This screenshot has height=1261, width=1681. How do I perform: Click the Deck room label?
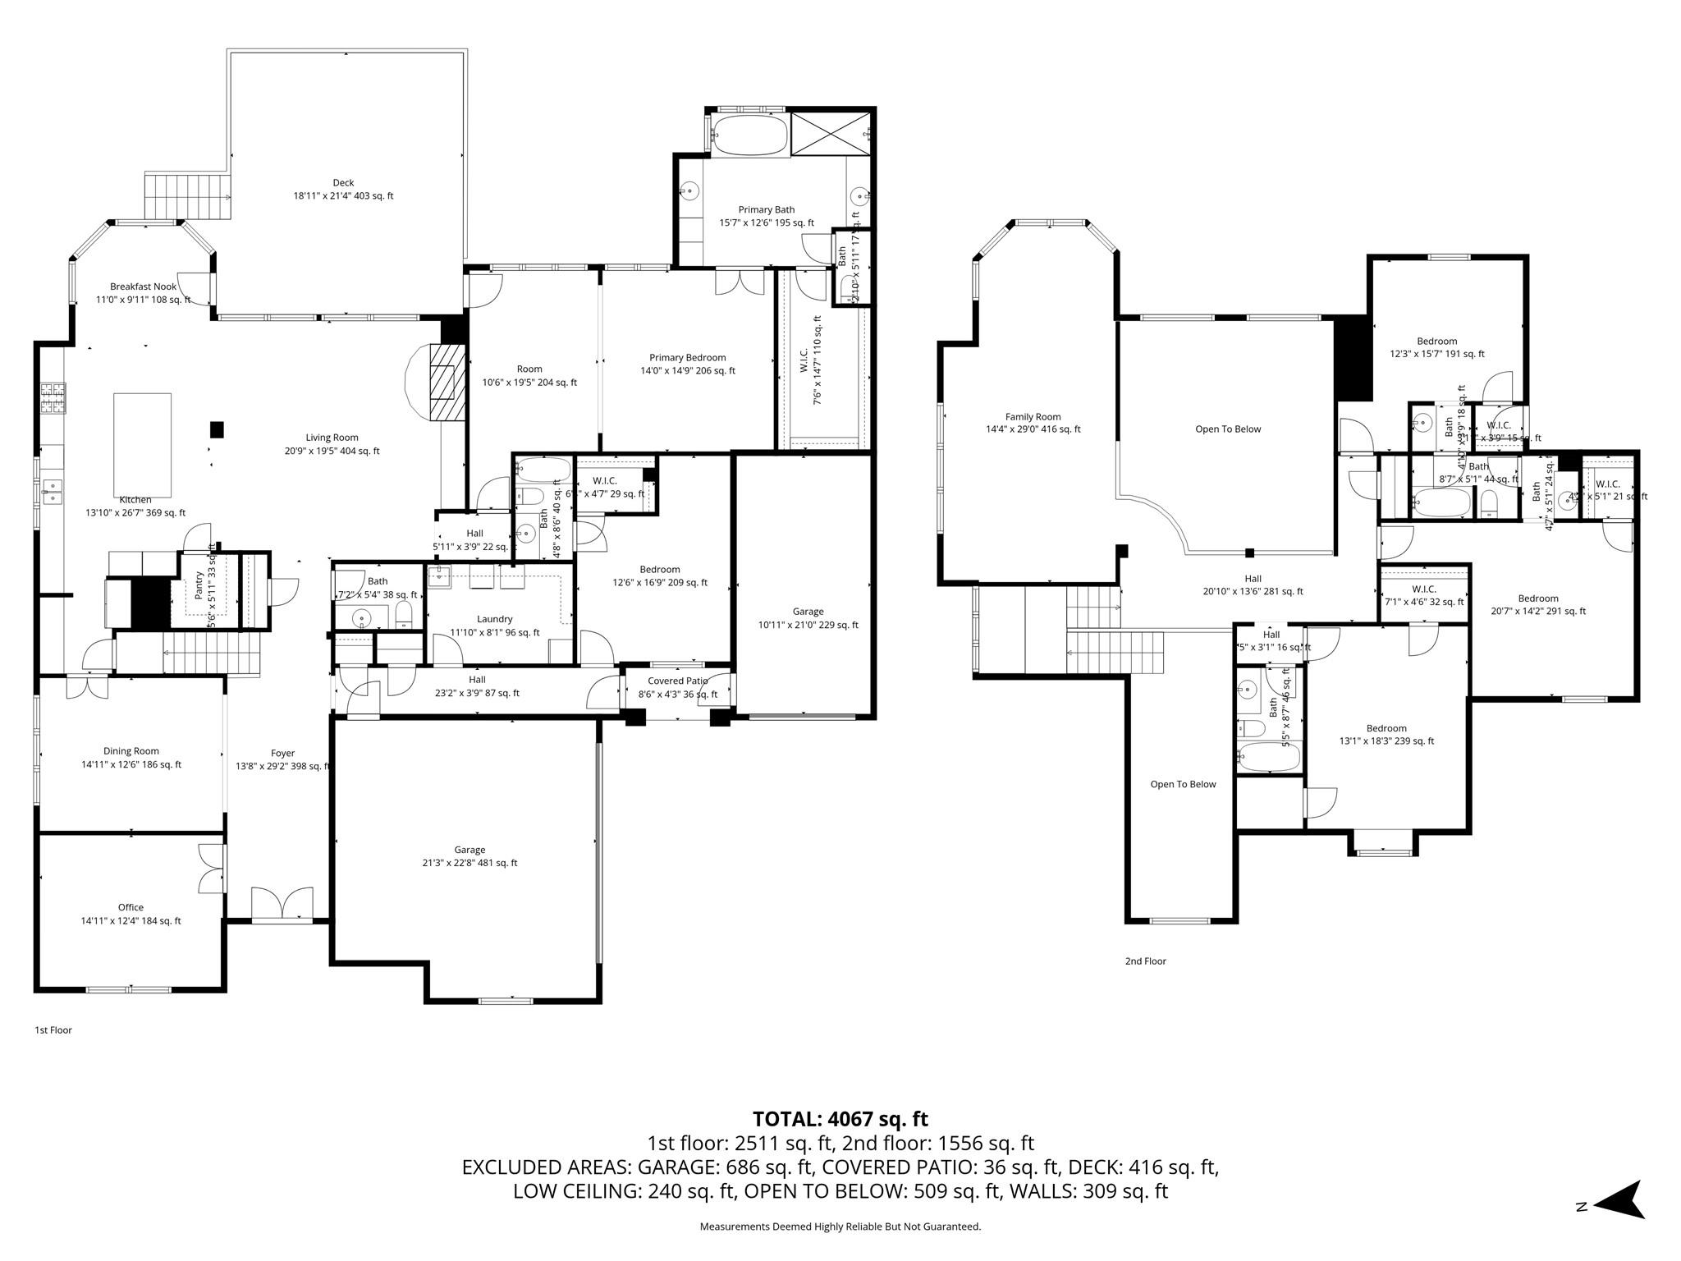point(343,190)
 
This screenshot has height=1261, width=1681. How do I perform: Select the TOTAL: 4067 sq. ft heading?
point(840,1119)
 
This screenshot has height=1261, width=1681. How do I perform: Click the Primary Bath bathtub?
point(748,135)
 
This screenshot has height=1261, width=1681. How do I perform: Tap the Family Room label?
point(1033,423)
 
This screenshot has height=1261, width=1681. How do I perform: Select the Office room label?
point(131,914)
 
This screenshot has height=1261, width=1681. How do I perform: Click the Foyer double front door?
point(282,904)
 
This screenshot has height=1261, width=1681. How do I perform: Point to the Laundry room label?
point(495,626)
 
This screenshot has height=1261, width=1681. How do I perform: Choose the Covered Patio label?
point(677,687)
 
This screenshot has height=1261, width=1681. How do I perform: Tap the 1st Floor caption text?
point(53,1029)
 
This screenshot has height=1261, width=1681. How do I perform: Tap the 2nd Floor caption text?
point(1145,961)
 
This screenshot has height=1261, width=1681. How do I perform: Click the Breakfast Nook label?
point(144,293)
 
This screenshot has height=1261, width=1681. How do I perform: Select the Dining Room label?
point(131,757)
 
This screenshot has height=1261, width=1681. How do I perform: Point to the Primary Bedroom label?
point(687,364)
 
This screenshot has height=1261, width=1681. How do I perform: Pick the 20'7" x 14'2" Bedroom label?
point(1537,604)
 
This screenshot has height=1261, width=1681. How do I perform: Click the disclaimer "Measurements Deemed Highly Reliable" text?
point(840,1227)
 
